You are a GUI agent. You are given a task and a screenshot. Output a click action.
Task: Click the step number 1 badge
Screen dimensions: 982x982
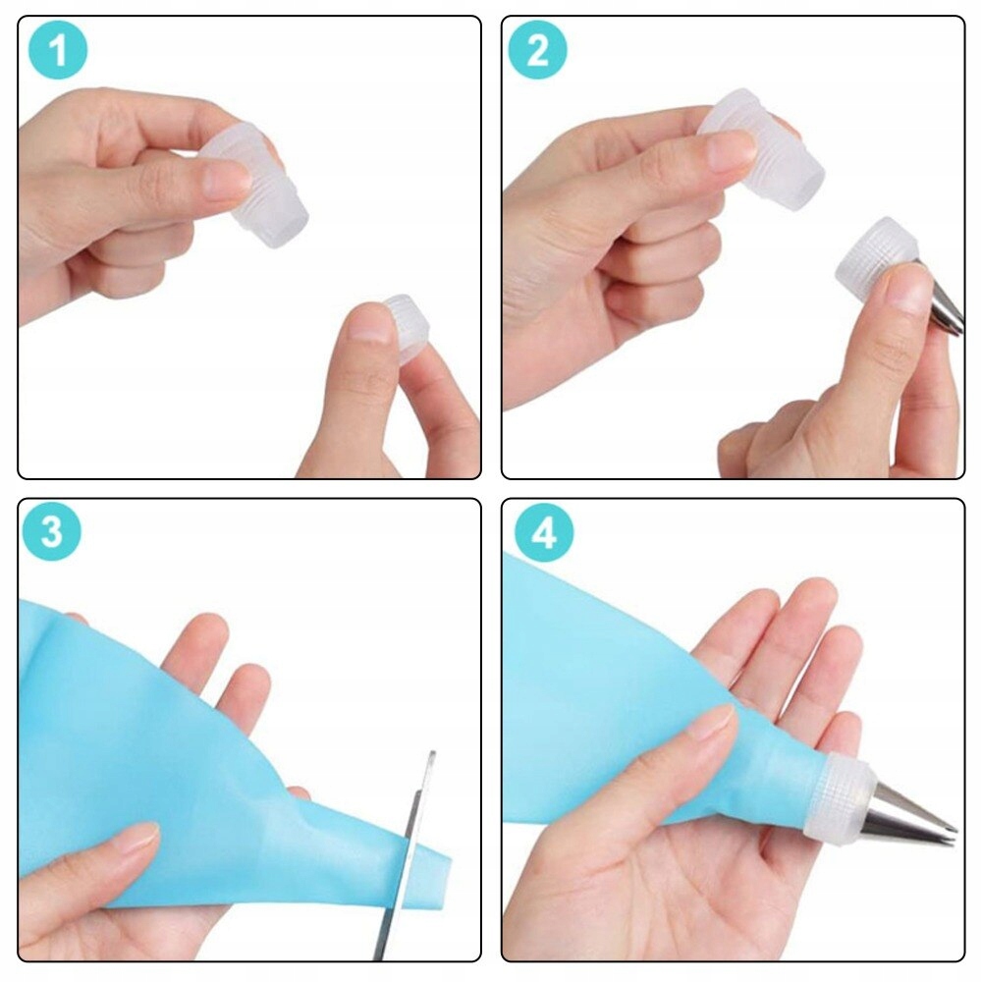point(58,51)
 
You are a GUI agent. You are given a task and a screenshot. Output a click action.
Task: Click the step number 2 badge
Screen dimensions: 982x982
point(537,51)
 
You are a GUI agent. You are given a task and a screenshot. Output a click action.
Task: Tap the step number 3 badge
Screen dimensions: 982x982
point(51,532)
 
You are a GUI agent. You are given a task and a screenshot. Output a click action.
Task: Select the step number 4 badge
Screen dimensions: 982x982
point(544,532)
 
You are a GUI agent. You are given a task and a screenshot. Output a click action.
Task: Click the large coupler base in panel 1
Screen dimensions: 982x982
point(260,187)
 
